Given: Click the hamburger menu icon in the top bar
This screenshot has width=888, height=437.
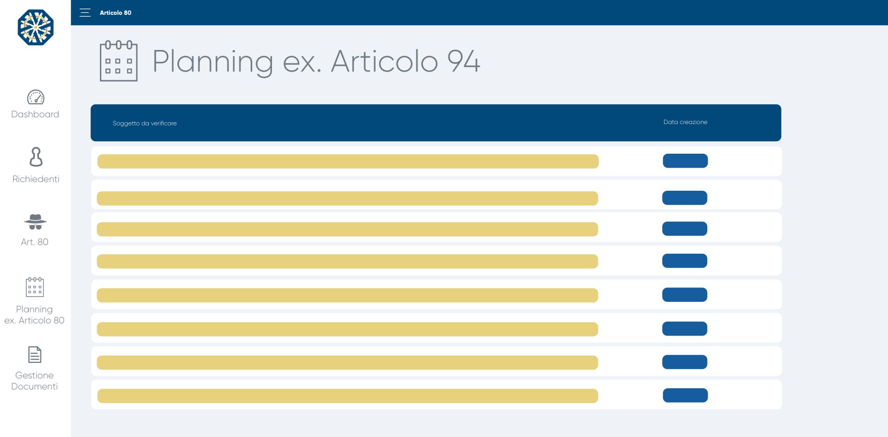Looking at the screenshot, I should pyautogui.click(x=85, y=12).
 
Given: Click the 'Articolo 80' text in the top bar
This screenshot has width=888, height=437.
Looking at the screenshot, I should pyautogui.click(x=115, y=13).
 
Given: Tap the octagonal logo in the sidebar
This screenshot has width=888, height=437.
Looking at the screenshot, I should pyautogui.click(x=36, y=27).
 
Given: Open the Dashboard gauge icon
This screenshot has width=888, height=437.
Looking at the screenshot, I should pyautogui.click(x=36, y=97).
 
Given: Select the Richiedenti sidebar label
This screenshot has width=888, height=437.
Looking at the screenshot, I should pyautogui.click(x=36, y=179).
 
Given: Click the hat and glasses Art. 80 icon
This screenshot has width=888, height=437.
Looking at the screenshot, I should pyautogui.click(x=35, y=222).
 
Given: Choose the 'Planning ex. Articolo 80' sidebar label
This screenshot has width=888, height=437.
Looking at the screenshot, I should pyautogui.click(x=34, y=315).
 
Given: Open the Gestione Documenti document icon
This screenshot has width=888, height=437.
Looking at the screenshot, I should pyautogui.click(x=35, y=355).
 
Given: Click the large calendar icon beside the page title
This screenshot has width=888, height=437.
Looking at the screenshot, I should pyautogui.click(x=119, y=61).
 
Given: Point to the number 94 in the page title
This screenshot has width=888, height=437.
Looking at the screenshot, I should pyautogui.click(x=463, y=61).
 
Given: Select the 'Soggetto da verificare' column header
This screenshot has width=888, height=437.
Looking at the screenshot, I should pyautogui.click(x=145, y=123).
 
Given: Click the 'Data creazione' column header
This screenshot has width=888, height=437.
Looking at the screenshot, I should pyautogui.click(x=685, y=122).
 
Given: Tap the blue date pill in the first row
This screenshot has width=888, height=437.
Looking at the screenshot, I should pyautogui.click(x=685, y=161).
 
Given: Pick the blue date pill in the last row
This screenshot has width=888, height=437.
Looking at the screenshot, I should pyautogui.click(x=685, y=395).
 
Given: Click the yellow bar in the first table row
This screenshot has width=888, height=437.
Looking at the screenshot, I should pyautogui.click(x=348, y=161).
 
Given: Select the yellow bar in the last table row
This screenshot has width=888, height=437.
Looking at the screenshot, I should pyautogui.click(x=348, y=396).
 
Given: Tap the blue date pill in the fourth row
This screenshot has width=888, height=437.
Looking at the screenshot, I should pyautogui.click(x=684, y=261).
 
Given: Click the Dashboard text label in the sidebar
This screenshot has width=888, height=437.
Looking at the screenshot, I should pyautogui.click(x=35, y=114).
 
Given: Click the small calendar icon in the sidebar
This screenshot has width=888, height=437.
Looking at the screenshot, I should pyautogui.click(x=35, y=287).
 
